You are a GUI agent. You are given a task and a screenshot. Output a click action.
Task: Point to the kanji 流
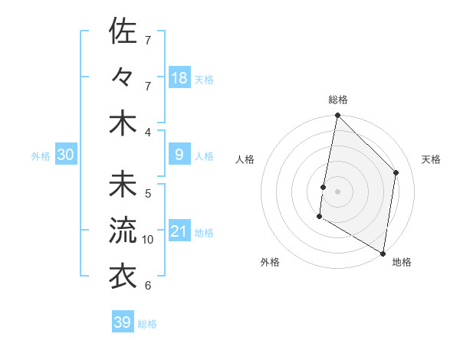point(123,230)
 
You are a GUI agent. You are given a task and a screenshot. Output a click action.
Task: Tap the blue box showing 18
point(179,77)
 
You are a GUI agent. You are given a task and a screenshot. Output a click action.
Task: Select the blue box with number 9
point(179,155)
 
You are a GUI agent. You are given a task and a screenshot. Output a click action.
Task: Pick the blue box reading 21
point(179,231)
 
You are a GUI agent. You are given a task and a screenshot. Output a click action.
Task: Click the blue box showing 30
point(66,155)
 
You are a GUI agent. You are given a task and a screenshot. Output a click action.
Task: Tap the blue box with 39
point(123,322)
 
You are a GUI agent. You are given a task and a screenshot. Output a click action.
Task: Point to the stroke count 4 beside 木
point(148,133)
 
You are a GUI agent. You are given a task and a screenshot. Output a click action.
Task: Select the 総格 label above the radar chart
point(338,100)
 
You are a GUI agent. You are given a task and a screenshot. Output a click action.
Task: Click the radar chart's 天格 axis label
point(431,159)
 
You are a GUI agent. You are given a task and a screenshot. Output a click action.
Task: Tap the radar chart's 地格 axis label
point(402,262)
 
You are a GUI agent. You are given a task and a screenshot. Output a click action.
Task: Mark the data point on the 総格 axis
point(337,116)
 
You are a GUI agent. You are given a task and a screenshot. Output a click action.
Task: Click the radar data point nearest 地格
point(383,252)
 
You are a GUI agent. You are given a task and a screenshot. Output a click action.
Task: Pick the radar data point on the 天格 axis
point(396,172)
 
